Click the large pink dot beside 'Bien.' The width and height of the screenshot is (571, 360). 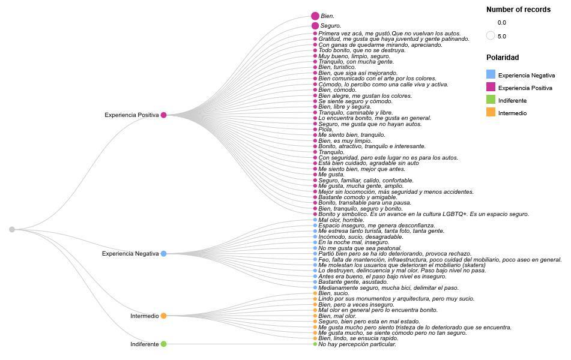[315, 16]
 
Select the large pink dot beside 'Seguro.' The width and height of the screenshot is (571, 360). [315, 26]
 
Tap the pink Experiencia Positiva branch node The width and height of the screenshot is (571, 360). [163, 115]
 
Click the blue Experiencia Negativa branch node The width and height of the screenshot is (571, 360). [163, 254]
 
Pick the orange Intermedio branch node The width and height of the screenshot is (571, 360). [163, 316]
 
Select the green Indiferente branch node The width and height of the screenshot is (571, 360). [163, 344]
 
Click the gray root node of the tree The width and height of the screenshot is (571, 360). [12, 229]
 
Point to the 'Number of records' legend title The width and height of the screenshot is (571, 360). [518, 10]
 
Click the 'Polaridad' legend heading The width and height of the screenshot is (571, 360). [503, 58]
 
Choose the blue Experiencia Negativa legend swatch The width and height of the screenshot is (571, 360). [491, 75]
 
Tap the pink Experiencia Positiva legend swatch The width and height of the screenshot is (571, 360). [491, 88]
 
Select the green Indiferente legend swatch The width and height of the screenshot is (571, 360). [491, 100]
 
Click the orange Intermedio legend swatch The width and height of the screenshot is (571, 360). [491, 113]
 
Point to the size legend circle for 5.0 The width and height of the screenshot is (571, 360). [491, 36]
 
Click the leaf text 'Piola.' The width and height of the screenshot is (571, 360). [325, 130]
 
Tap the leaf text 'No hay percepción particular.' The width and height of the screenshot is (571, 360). [357, 344]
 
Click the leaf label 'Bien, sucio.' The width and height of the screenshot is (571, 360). [333, 293]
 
